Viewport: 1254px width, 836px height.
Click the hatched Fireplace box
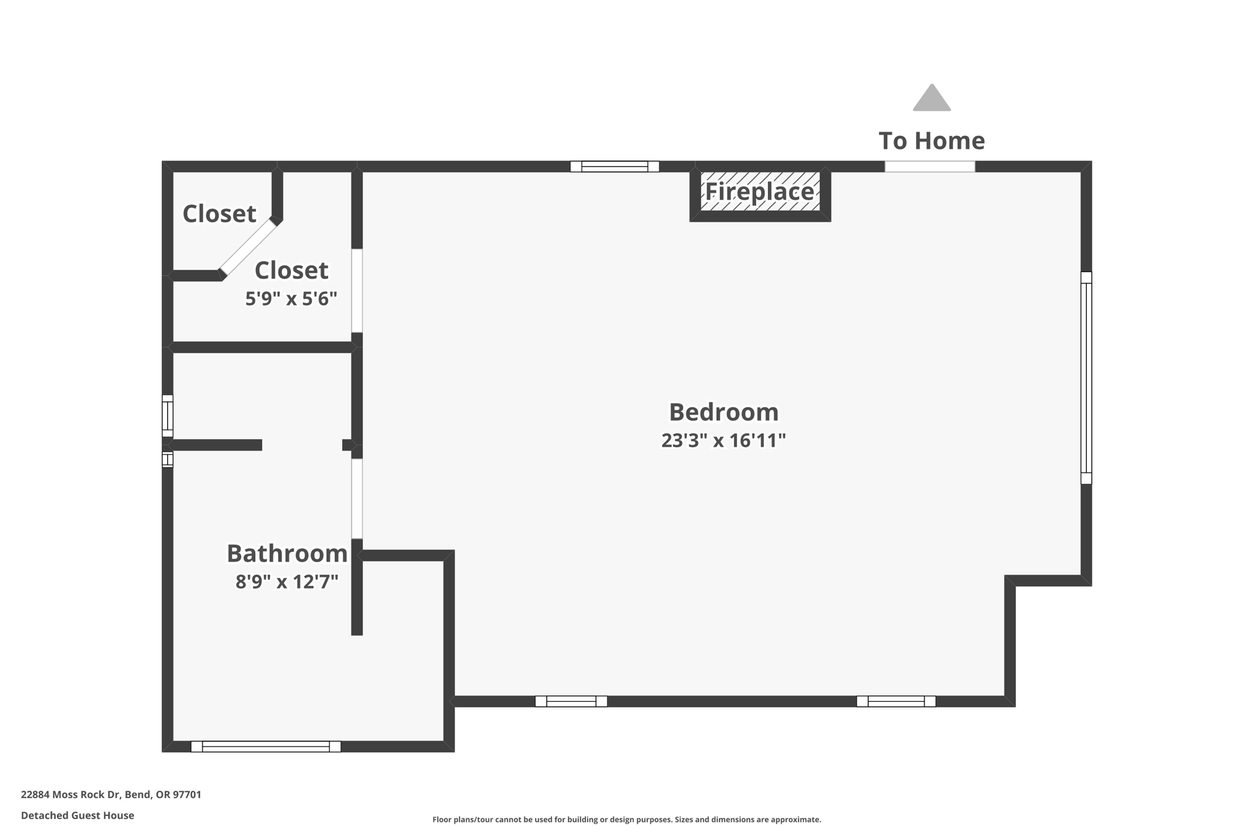coord(760,192)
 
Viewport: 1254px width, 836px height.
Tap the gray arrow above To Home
coord(931,99)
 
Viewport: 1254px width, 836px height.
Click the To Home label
coord(931,141)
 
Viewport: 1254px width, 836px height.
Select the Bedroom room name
coord(723,412)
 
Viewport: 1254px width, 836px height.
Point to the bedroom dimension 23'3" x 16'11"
coord(723,440)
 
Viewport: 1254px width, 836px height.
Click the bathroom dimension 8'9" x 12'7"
coord(287,581)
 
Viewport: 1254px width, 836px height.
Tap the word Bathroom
coord(287,554)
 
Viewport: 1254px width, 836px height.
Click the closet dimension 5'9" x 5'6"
coord(291,299)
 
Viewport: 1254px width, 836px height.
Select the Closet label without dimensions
coord(219,214)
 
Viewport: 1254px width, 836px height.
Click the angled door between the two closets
coord(248,247)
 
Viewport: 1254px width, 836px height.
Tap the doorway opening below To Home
coord(929,167)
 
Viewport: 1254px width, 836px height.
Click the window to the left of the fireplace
coord(614,167)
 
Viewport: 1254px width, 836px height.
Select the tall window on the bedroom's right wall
coord(1086,377)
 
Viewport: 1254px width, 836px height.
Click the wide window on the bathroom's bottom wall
coord(266,747)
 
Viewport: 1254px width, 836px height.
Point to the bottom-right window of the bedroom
coord(896,701)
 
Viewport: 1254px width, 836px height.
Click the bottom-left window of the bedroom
coord(571,701)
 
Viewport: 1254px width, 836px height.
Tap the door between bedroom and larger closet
coord(357,290)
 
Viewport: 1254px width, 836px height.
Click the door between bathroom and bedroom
coord(357,499)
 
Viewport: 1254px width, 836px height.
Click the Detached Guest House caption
coord(78,815)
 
